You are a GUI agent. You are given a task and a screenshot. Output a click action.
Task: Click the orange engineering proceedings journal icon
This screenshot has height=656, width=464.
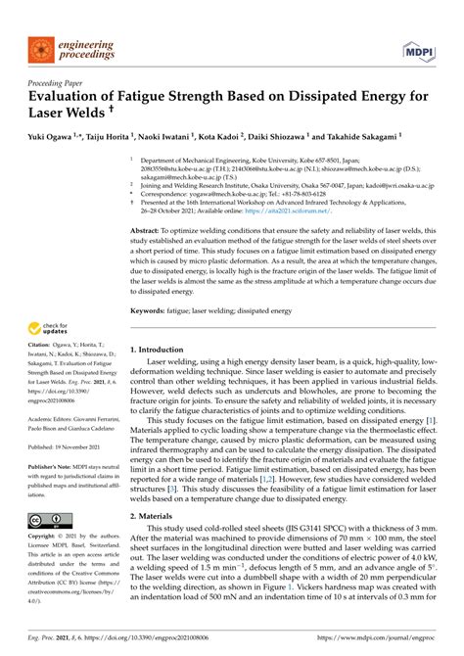tap(40, 47)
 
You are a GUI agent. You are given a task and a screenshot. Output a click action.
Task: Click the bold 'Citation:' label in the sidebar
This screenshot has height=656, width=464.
tap(42, 373)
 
